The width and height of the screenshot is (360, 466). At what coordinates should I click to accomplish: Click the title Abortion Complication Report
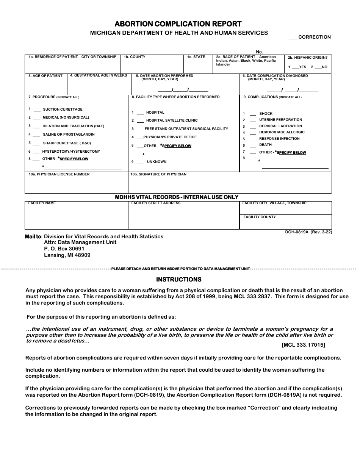178,24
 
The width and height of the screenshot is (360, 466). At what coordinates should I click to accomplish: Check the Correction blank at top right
293,38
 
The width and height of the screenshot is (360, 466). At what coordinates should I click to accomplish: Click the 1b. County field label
135,57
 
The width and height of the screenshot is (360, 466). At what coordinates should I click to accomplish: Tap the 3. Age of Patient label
45,76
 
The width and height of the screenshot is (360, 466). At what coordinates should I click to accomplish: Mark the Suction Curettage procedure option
37,109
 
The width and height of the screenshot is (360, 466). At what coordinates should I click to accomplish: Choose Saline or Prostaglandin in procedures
36,134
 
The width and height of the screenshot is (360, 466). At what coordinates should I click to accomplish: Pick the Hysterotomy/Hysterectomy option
36,152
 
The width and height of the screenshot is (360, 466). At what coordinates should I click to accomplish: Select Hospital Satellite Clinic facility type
140,120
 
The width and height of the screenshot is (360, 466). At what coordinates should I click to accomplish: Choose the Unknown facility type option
140,162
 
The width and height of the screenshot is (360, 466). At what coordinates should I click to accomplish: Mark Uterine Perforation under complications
252,120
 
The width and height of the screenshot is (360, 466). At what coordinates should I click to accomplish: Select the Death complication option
252,145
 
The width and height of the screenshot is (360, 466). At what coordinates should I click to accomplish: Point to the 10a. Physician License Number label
59,174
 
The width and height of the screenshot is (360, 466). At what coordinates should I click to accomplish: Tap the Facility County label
260,217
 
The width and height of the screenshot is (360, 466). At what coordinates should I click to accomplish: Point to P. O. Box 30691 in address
64,249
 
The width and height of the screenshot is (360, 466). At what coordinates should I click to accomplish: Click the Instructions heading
178,280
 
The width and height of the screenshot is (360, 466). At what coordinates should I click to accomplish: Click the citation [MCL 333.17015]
303,345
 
